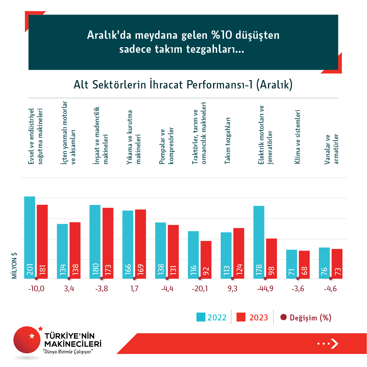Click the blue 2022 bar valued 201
(x=29, y=238)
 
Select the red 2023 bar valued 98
(x=271, y=258)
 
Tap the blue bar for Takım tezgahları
(x=226, y=255)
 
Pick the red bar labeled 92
(x=206, y=260)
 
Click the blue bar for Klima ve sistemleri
(x=292, y=264)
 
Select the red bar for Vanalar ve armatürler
(x=337, y=264)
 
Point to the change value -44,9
(x=265, y=289)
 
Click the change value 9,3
(x=232, y=289)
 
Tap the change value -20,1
(x=200, y=289)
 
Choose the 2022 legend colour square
(x=201, y=317)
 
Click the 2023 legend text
(x=259, y=318)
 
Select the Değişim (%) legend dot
(x=283, y=317)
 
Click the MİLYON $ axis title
(x=14, y=265)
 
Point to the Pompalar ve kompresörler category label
(x=166, y=146)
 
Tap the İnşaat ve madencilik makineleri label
(x=101, y=136)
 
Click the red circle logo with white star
(x=27, y=339)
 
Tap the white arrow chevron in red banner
(x=334, y=343)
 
